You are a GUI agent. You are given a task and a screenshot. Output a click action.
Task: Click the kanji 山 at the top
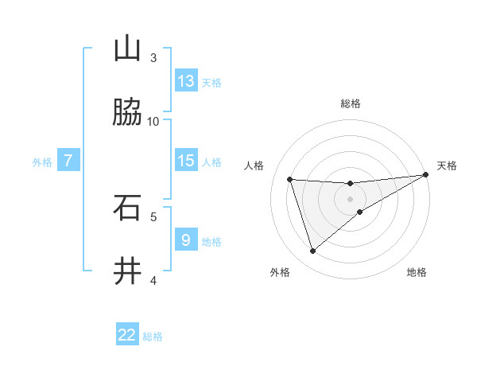tap(127, 49)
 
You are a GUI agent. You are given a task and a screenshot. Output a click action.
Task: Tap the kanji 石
tap(127, 208)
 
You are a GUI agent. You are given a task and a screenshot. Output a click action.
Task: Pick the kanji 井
tap(127, 271)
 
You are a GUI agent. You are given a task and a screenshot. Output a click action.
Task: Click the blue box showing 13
tap(186, 81)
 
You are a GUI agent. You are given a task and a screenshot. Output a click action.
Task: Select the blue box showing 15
tap(186, 161)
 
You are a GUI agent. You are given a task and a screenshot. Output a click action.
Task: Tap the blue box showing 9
tap(186, 240)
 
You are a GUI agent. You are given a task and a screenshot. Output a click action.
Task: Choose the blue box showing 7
tap(68, 161)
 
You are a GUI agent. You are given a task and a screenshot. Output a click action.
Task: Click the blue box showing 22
tap(127, 335)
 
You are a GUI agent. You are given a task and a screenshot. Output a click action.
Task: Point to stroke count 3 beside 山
tap(153, 58)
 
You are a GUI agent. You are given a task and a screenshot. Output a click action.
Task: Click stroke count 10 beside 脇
tap(153, 122)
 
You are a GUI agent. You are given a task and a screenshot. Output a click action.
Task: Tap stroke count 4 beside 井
tap(153, 280)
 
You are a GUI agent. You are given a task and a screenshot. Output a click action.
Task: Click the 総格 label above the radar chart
tap(351, 103)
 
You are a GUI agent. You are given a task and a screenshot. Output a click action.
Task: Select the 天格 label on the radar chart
tap(447, 166)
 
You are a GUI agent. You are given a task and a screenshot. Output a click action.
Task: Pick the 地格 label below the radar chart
tap(417, 272)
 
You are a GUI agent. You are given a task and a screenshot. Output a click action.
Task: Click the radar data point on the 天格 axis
tap(426, 175)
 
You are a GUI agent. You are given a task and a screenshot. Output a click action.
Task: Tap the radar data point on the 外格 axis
tap(312, 251)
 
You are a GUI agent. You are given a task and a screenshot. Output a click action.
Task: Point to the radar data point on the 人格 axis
tap(290, 179)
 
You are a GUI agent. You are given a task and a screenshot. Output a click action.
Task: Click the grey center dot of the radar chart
tap(351, 199)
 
